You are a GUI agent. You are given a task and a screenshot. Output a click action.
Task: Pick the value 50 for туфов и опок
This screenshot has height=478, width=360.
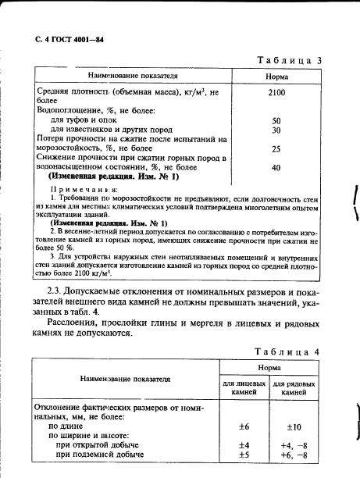click(x=276, y=121)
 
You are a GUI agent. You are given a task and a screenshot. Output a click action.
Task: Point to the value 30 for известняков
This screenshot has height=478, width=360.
click(x=276, y=130)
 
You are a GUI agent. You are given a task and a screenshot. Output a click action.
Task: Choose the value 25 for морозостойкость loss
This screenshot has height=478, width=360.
click(x=276, y=148)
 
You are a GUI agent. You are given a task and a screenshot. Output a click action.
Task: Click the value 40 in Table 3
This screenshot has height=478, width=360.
click(x=276, y=167)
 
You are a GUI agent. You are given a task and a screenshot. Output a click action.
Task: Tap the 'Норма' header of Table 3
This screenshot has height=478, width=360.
click(x=276, y=77)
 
